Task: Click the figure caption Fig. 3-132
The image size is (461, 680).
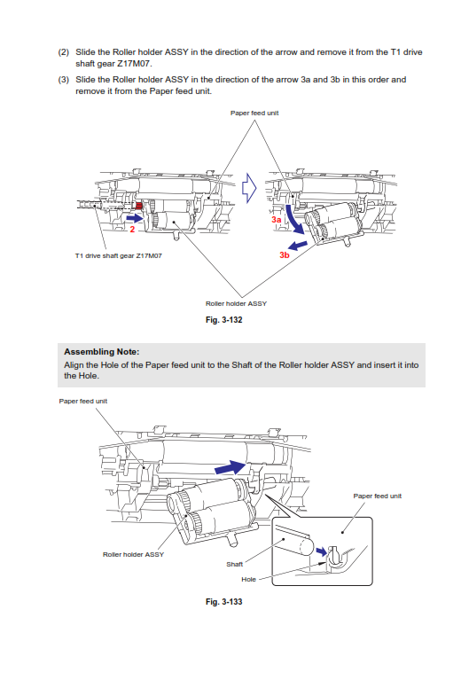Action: pos(223,320)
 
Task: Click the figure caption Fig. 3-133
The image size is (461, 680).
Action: pos(223,601)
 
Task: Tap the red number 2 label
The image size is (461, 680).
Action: pos(132,230)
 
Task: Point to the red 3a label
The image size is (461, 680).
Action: pos(277,220)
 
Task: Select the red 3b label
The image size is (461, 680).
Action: pos(284,255)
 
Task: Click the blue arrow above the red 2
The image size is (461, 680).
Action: pos(135,218)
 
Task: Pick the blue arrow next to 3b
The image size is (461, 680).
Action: pos(298,246)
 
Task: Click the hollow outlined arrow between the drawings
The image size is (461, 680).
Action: pos(249,188)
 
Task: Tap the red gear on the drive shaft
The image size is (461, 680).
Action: pos(139,206)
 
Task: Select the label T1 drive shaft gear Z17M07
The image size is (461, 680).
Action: pos(119,256)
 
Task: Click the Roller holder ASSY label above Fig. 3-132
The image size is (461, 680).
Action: pos(236,303)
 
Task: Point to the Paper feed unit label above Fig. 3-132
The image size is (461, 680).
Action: pos(254,113)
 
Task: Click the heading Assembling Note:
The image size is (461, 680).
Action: pos(102,352)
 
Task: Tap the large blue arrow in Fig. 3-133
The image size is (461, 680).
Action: pos(230,467)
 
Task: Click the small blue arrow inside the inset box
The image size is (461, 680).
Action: pos(321,551)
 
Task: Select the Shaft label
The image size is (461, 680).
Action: pos(234,564)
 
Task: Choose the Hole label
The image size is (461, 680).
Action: pos(248,580)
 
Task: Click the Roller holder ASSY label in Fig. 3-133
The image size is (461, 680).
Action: pos(133,554)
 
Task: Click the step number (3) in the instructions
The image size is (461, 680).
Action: pos(63,80)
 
